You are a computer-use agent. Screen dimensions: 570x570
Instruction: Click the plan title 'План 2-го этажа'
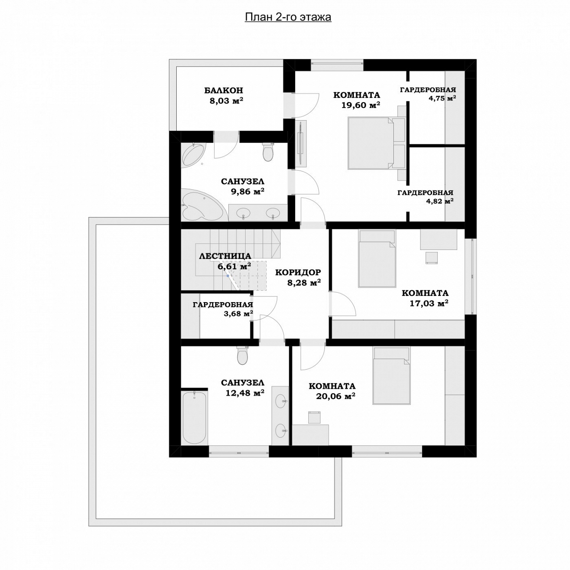[288, 18]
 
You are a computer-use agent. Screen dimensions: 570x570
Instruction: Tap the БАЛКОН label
[224, 90]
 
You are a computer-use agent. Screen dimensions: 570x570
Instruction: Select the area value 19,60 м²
[360, 105]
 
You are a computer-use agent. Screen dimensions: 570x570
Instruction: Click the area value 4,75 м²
[442, 99]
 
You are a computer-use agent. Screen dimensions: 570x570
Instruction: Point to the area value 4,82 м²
[439, 201]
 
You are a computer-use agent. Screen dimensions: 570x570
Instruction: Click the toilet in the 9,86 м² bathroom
[268, 152]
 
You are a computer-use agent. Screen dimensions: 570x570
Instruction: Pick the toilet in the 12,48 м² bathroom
[242, 355]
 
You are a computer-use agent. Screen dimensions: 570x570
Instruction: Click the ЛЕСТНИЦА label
[225, 256]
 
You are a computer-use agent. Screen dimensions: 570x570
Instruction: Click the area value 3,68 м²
[239, 313]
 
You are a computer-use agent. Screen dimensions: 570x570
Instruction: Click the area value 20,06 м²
[336, 396]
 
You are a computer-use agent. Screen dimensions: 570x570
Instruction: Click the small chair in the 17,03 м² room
[432, 257]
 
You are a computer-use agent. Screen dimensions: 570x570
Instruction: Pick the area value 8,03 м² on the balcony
[226, 101]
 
